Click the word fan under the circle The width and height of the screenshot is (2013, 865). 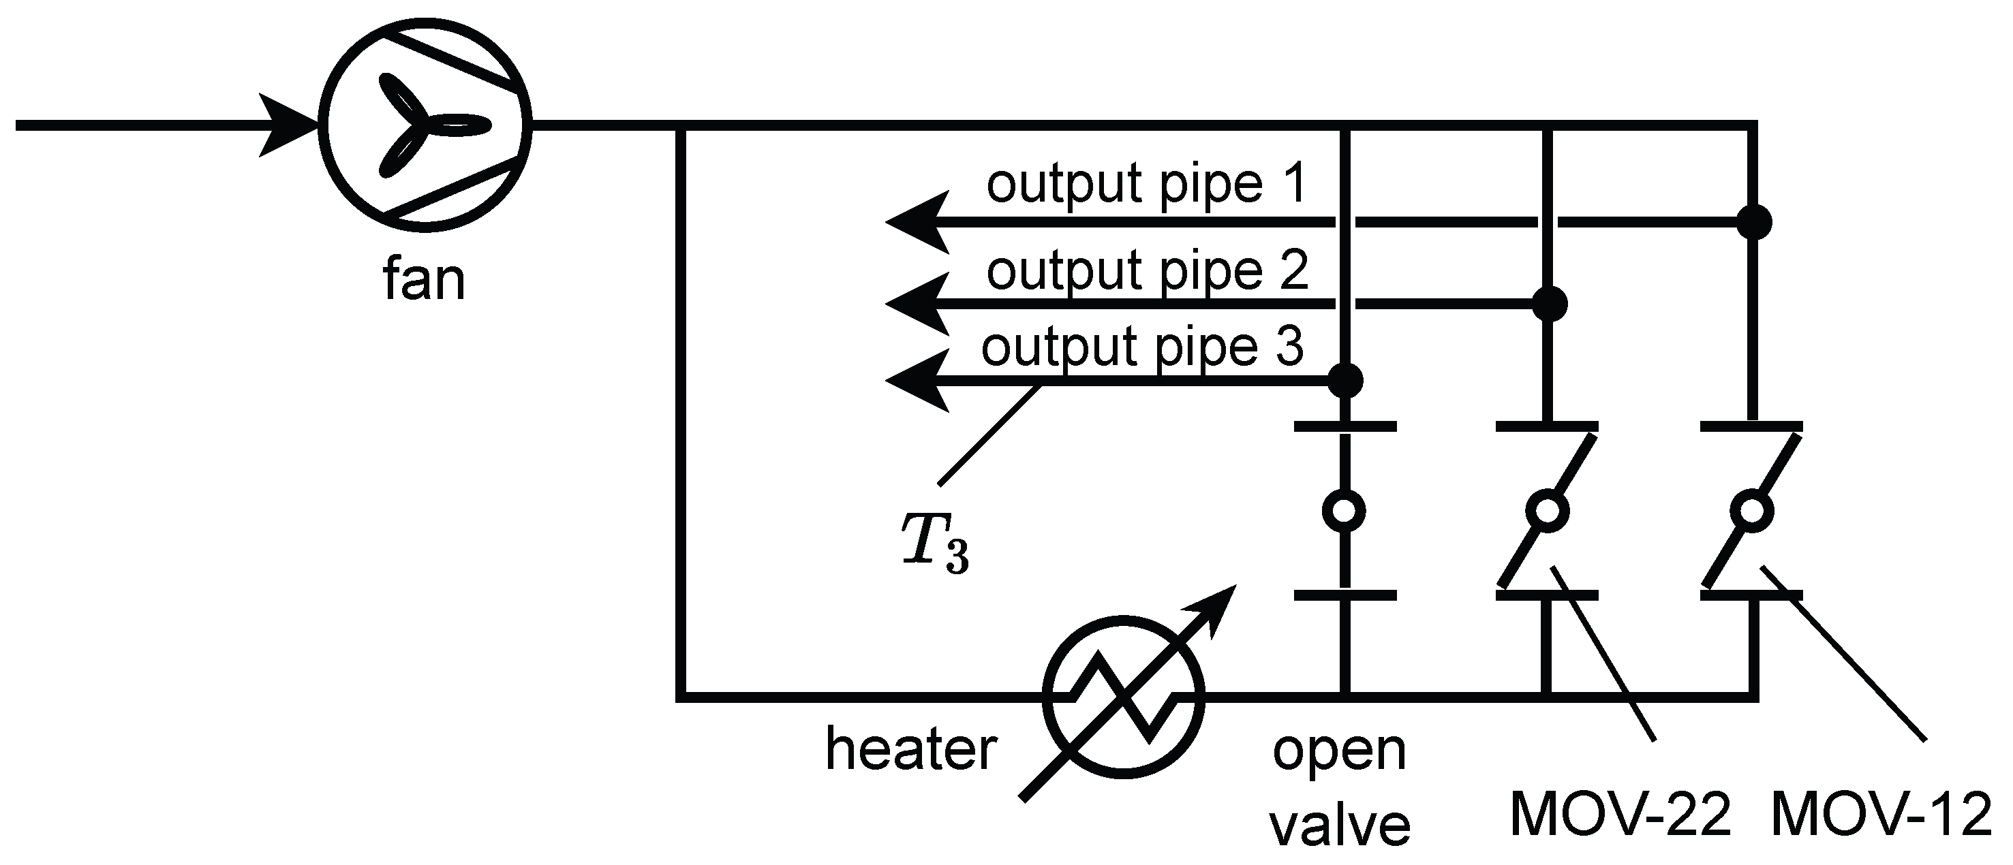point(425,280)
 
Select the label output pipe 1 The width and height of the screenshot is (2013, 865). point(1146,185)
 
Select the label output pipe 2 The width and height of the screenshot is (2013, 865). point(1146,270)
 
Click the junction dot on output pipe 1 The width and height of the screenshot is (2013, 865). point(1753,223)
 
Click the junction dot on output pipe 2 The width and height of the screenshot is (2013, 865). point(1550,303)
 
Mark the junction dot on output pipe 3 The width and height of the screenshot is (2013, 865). point(1345,381)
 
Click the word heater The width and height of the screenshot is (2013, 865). point(911,749)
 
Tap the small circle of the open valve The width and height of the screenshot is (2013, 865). point(1344,511)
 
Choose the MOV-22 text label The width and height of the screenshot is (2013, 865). point(1620,815)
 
